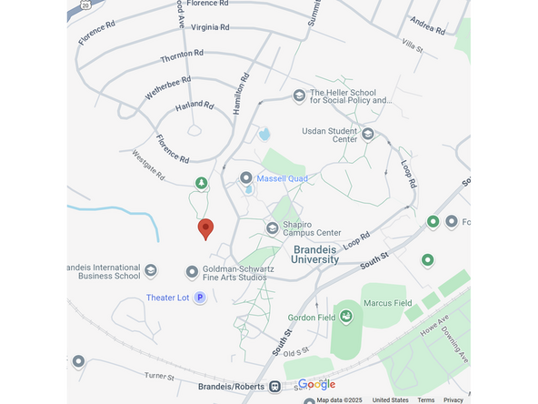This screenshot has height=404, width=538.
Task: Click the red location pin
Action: (x=205, y=228)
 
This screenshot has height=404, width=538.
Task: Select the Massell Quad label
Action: (x=284, y=178)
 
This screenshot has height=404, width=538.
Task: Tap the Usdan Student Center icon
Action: (x=368, y=134)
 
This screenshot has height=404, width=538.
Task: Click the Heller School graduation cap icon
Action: (x=299, y=96)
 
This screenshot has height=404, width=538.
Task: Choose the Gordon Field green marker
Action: (x=346, y=317)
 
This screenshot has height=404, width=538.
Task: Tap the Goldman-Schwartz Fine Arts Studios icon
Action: (x=193, y=271)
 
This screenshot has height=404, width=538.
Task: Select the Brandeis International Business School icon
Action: (x=151, y=271)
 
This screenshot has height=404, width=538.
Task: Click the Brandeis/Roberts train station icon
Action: (x=274, y=386)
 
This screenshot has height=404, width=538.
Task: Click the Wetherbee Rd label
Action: (x=167, y=88)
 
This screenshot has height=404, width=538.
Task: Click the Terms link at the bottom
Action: (x=425, y=399)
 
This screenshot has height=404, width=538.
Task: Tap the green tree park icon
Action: (x=201, y=184)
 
